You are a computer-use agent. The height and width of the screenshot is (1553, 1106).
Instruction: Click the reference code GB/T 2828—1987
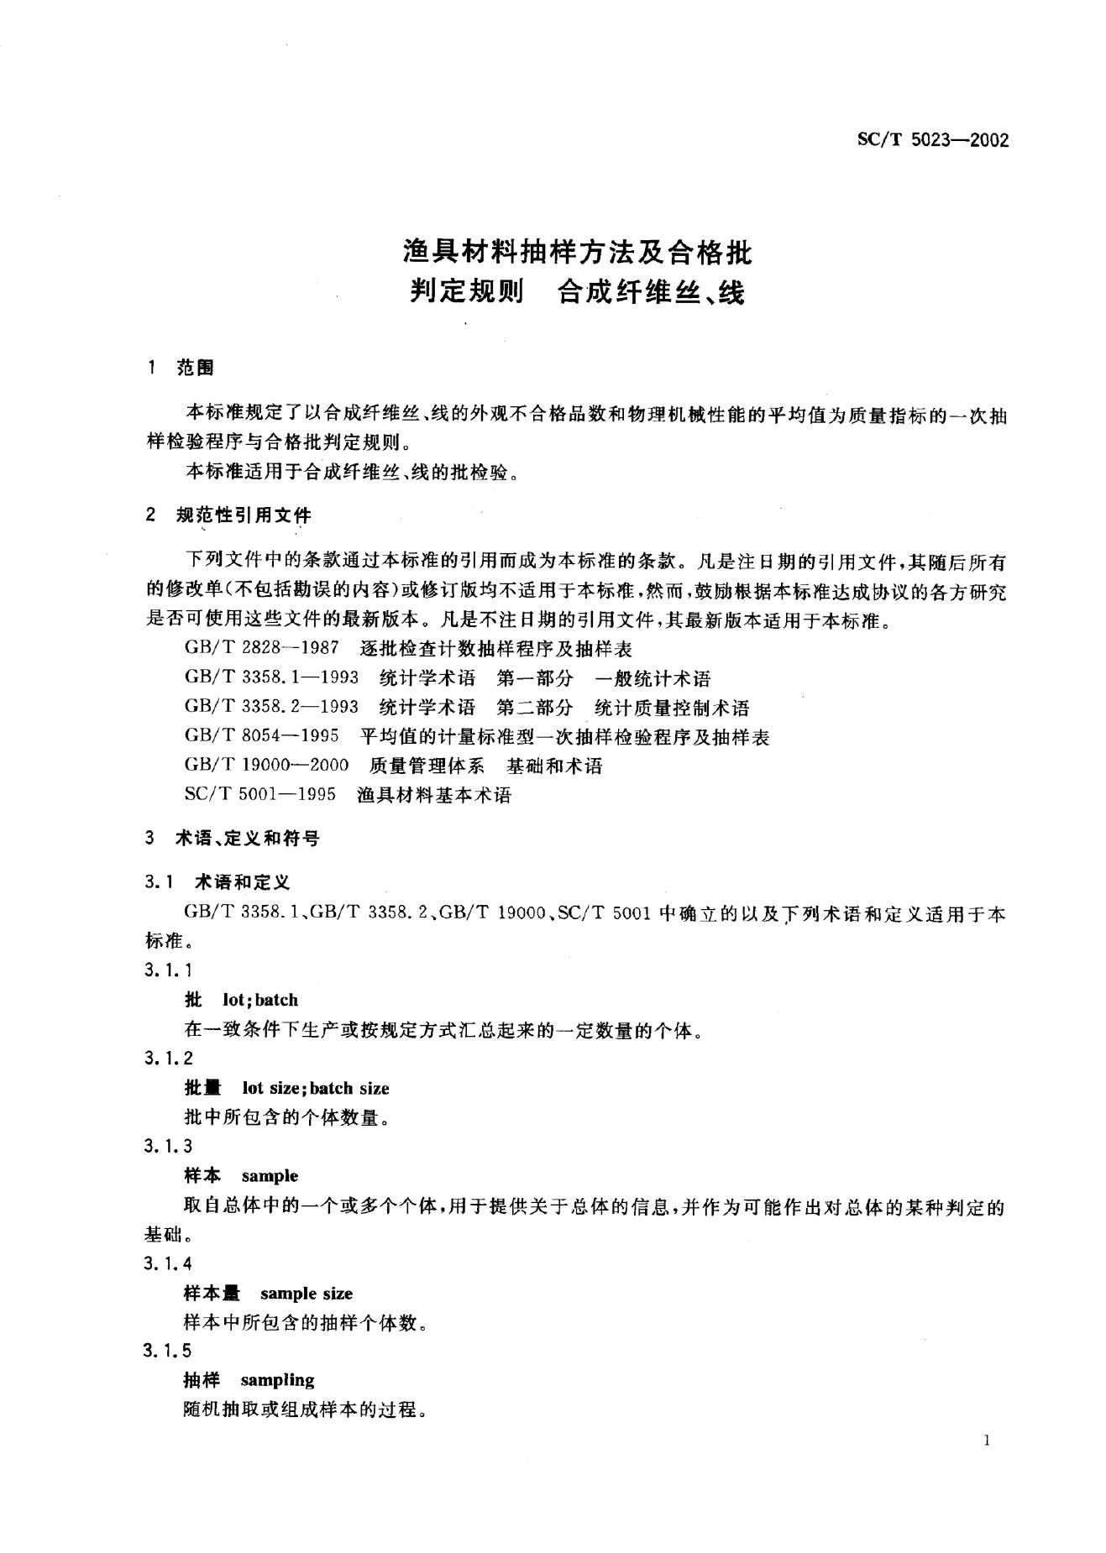(261, 649)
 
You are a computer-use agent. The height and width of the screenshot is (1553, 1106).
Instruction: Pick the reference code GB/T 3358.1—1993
(271, 678)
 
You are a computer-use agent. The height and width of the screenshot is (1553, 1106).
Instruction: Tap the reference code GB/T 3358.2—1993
(271, 708)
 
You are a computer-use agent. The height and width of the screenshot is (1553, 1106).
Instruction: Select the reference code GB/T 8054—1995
(261, 736)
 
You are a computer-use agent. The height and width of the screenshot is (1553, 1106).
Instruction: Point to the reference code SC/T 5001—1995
(259, 795)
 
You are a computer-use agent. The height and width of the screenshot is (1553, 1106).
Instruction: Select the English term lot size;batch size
(316, 1088)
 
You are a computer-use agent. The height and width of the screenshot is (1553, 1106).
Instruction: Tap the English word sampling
(277, 1379)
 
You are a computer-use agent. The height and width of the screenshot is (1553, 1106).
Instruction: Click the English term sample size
(307, 1294)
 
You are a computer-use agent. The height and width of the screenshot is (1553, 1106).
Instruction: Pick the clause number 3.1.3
(168, 1146)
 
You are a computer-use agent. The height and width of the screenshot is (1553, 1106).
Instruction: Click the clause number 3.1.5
(168, 1351)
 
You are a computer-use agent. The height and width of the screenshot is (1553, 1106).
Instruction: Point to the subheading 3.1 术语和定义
(217, 882)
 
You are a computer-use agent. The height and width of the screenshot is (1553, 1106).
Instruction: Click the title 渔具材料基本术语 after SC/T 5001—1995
(433, 795)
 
